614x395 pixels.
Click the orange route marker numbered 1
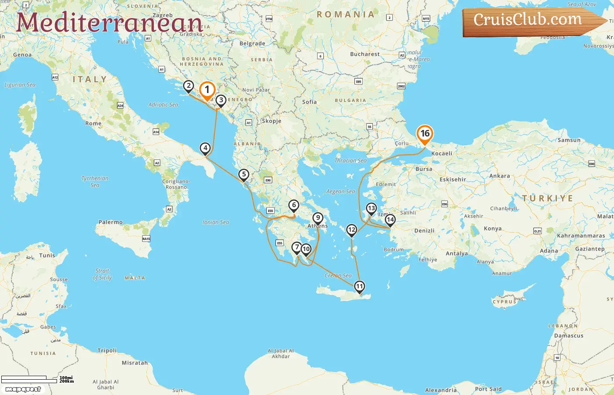(x=207, y=90)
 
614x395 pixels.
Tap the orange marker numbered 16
(x=425, y=134)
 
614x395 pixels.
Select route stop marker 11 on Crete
(x=359, y=287)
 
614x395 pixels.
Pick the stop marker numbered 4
(x=205, y=148)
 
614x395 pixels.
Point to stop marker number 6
(x=294, y=205)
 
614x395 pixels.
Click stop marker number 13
(x=371, y=208)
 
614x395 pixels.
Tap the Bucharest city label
(x=365, y=54)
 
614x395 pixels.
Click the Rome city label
(x=93, y=123)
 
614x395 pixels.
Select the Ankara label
(x=500, y=176)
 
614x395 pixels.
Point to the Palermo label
(x=111, y=222)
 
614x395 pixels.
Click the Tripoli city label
(x=107, y=350)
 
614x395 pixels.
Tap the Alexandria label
(x=441, y=390)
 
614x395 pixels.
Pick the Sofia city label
(x=309, y=101)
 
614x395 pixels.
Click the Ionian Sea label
(x=216, y=222)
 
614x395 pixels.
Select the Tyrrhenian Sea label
(x=95, y=181)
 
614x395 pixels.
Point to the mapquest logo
(x=23, y=389)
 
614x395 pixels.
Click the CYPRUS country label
(x=504, y=302)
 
